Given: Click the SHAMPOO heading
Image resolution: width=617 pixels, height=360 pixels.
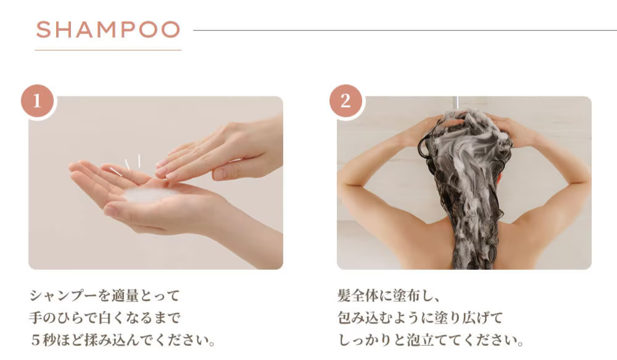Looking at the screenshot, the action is point(108,30).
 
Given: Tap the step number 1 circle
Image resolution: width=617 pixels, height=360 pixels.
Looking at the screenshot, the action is point(38,101).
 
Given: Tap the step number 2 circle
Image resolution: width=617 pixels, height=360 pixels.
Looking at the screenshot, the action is point(346,101).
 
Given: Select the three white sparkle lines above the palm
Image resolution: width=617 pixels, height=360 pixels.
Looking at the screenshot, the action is point(125,165).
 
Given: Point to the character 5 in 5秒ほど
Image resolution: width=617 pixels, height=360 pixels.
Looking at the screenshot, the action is point(36,340).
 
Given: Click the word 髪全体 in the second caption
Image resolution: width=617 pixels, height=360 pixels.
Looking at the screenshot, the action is point(358,295).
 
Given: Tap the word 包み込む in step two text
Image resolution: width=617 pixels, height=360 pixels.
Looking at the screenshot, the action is point(365,317).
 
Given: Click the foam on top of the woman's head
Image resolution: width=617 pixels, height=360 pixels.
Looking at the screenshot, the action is point(465,120).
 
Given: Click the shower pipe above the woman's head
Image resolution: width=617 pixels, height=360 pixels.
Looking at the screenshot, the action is point(456,102).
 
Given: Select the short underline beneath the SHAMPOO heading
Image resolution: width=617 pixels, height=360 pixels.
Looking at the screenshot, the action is point(108,50).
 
